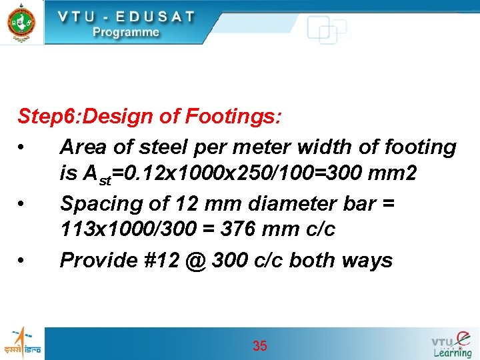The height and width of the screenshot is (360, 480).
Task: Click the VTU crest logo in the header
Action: (x=21, y=21)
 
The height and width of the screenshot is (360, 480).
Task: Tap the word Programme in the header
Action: (x=126, y=32)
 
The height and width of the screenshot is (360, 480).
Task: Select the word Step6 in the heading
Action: (x=43, y=118)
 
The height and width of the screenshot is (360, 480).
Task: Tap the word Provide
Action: (x=98, y=260)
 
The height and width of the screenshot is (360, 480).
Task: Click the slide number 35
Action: (x=260, y=345)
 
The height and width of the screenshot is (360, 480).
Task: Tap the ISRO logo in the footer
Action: (x=22, y=343)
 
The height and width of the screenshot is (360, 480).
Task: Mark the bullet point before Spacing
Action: (x=23, y=203)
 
